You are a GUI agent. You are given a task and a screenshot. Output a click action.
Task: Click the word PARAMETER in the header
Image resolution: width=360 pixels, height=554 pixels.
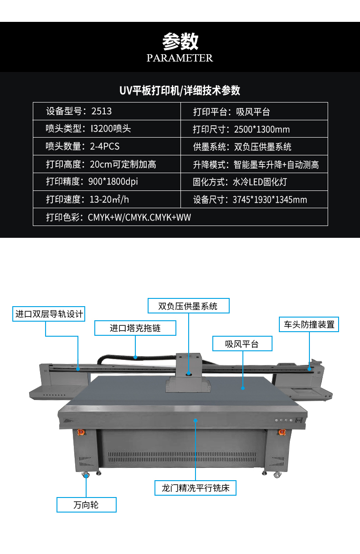(180, 58)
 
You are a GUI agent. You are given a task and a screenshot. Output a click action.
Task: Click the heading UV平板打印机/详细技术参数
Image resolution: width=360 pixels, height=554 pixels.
(180, 91)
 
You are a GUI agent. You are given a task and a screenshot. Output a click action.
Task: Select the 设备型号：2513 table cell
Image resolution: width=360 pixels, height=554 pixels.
(107, 111)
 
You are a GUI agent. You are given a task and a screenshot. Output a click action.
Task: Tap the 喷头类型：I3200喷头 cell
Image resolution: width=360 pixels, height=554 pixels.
(107, 129)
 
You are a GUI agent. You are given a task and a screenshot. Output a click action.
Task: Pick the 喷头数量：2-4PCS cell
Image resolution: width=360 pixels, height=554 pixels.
(107, 146)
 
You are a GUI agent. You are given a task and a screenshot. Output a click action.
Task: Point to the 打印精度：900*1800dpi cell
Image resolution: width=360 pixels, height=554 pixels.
(107, 182)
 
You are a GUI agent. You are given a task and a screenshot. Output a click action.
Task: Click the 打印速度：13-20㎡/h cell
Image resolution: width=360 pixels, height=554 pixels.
(107, 200)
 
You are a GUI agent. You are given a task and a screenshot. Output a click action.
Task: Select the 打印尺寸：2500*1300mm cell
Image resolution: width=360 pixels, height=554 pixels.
(254, 129)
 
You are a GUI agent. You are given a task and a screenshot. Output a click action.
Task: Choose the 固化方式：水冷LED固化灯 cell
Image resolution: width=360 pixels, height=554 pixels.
(254, 182)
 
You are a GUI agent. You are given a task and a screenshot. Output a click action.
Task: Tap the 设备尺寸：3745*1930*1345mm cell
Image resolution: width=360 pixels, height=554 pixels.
(254, 200)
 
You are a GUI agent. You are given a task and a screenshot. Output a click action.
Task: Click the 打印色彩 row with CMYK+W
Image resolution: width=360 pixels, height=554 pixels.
(180, 217)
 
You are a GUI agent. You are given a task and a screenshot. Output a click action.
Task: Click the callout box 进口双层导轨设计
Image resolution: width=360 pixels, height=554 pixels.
(49, 314)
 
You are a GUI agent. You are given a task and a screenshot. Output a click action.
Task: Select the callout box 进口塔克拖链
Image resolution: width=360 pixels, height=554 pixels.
(135, 328)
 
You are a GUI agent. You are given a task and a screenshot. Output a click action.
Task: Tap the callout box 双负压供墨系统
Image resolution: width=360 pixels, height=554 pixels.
(189, 306)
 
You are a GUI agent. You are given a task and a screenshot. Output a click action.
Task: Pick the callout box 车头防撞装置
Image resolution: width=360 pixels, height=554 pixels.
(309, 324)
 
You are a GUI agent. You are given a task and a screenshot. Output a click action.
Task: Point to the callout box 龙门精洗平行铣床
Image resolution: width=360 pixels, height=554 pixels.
(195, 488)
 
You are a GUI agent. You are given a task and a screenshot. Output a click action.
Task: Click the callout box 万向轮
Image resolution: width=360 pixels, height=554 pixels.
(86, 505)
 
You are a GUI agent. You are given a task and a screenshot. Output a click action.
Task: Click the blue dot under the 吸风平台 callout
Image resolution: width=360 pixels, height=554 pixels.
(243, 388)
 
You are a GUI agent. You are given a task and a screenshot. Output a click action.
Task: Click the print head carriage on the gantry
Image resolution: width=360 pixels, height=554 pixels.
(188, 373)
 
